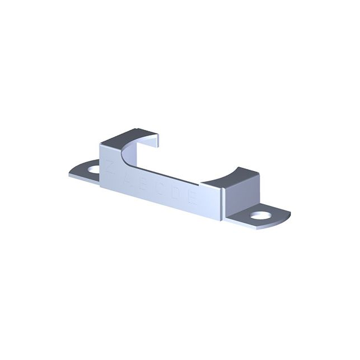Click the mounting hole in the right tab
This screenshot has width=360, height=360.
(259, 215)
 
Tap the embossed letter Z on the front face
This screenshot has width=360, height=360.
(110, 167)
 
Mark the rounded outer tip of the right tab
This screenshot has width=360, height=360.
(289, 215)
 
